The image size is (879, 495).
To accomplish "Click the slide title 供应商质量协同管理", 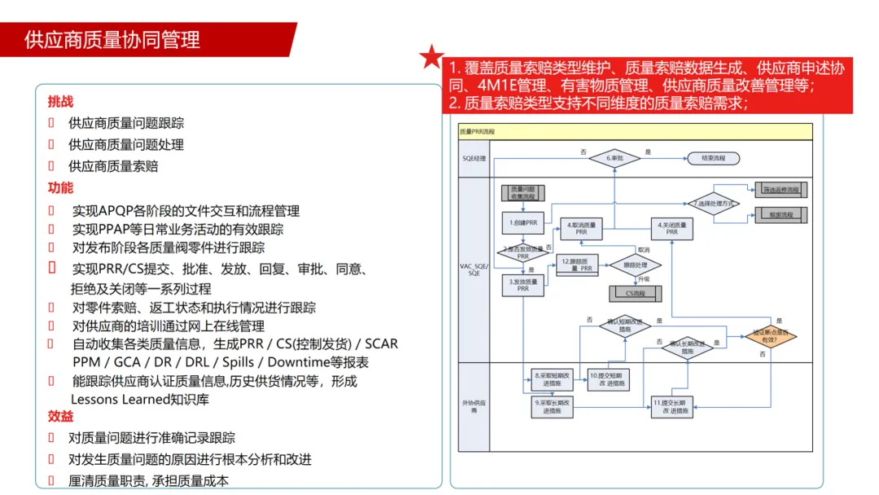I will point(112,40).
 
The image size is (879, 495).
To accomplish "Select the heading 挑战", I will point(60,102).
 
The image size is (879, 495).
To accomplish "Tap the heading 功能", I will point(60,188).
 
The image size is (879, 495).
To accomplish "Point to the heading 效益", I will point(60,416).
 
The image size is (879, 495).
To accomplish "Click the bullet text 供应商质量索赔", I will point(113,166).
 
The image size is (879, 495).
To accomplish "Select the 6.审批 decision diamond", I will point(615,158).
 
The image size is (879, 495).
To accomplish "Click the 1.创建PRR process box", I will point(523,221).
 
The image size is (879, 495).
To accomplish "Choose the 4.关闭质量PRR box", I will point(672,229).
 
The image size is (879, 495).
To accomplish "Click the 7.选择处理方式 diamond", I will point(714,203).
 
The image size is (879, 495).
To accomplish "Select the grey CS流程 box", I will point(635,293).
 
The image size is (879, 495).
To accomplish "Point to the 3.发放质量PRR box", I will point(523,284).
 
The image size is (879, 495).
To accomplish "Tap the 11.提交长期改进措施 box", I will point(672,407).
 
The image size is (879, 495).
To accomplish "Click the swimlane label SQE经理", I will point(474,158).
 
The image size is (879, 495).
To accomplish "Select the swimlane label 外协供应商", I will point(474,407).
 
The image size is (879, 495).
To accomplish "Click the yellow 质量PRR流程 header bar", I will point(635,130).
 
